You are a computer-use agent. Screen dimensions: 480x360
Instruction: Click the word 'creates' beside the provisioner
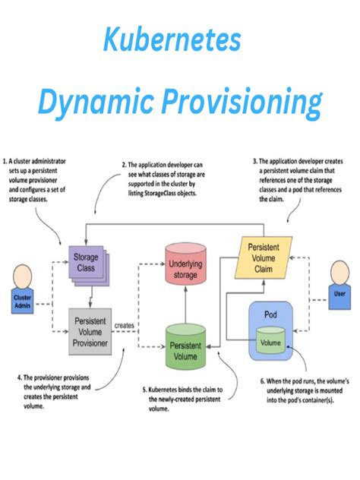coord(125,325)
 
